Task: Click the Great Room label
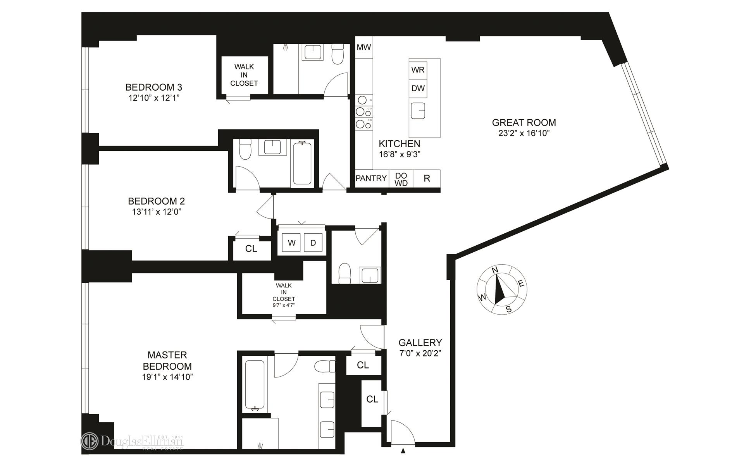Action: pyautogui.click(x=524, y=122)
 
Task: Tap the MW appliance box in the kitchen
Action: pyautogui.click(x=364, y=47)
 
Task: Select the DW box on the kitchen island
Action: pyautogui.click(x=418, y=88)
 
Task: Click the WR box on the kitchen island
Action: pyautogui.click(x=418, y=70)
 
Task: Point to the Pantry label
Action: pyautogui.click(x=371, y=178)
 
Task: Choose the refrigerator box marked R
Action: pyautogui.click(x=427, y=179)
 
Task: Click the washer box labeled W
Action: pyautogui.click(x=292, y=243)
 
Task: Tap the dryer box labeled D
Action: pyautogui.click(x=313, y=243)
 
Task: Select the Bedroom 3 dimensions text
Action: pyautogui.click(x=154, y=98)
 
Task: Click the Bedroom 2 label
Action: pyautogui.click(x=156, y=201)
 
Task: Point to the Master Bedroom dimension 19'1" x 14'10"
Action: pyautogui.click(x=167, y=377)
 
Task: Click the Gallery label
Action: pyautogui.click(x=420, y=343)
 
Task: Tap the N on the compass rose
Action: pyautogui.click(x=495, y=270)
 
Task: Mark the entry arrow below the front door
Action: pyautogui.click(x=403, y=451)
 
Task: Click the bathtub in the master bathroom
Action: pyautogui.click(x=255, y=386)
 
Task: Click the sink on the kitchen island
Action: pyautogui.click(x=418, y=111)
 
